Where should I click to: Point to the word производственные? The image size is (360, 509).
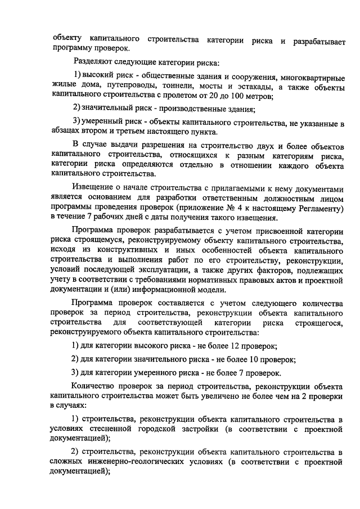pos(187,108)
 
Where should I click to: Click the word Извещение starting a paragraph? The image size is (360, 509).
pos(95,187)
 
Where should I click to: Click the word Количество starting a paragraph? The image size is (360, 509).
pos(95,386)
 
